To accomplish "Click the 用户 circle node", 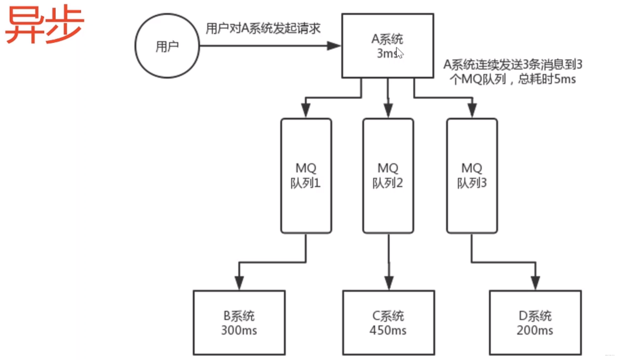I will [167, 46].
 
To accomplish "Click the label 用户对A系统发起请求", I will [263, 28].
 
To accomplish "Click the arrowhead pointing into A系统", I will [334, 46].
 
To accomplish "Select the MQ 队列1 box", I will [306, 176].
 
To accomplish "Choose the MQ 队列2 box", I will [388, 176].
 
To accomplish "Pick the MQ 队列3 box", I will [472, 176].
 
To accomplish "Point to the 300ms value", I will [239, 330].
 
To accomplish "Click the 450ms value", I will [388, 330].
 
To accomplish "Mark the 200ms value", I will [535, 330].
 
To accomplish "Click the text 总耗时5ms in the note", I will [547, 79].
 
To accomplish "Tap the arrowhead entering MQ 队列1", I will [305, 111].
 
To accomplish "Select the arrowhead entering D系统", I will [535, 283].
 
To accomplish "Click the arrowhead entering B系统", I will [239, 283].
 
